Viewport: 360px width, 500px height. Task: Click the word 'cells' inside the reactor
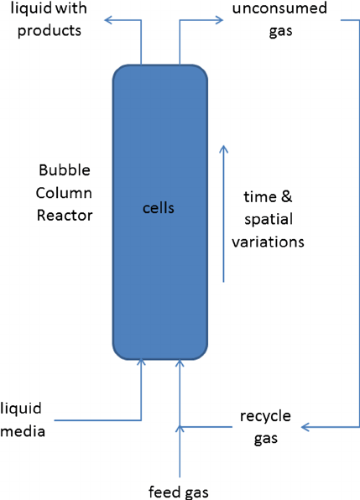(x=158, y=207)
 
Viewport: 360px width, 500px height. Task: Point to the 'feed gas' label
(x=180, y=492)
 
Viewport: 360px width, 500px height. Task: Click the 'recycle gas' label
(x=265, y=426)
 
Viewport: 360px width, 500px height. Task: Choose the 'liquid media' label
(x=23, y=420)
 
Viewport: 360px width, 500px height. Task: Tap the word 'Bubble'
(x=65, y=170)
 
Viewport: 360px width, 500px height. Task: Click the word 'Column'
(x=64, y=192)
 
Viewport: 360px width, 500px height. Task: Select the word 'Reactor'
(x=64, y=215)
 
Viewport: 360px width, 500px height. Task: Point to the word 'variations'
(x=269, y=242)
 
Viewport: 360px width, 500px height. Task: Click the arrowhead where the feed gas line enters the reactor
(x=180, y=363)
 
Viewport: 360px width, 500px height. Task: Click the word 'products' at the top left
(x=54, y=32)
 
